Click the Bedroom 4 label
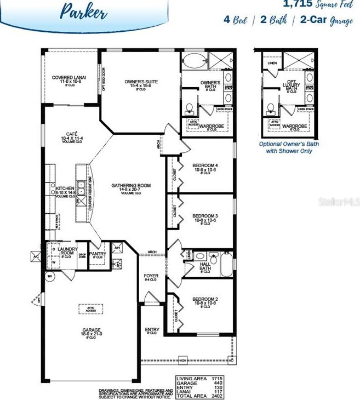tap(205, 168)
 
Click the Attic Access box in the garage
tap(90, 310)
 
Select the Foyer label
tap(151, 277)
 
